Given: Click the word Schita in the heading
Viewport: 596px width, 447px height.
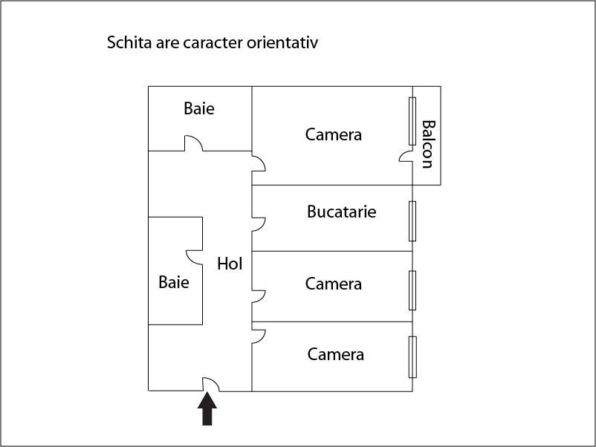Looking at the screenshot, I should coord(129,42).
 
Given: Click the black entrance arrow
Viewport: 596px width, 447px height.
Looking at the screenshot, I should coord(207,409).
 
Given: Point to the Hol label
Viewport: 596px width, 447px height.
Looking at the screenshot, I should coord(230,263).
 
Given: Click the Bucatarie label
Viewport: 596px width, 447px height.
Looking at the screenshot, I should coord(342,212).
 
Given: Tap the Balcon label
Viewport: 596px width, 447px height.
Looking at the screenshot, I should coord(427,144).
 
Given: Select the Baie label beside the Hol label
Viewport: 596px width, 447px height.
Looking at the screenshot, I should coord(174,282).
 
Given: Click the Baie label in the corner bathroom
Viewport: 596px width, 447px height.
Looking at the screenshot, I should coord(199,108).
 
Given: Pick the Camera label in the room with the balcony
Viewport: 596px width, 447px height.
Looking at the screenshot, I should coord(334,134).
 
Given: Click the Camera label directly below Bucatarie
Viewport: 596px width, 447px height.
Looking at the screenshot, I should coord(334,284).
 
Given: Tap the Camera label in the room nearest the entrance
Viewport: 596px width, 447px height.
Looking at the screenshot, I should coord(336,354).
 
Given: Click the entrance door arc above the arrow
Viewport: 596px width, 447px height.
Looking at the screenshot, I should coord(211,383).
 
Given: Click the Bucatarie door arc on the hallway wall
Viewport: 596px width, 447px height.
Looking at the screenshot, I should coord(259,223).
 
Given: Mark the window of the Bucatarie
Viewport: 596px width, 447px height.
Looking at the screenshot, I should coord(412,221).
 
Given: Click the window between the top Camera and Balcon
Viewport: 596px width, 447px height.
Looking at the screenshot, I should coord(412,121).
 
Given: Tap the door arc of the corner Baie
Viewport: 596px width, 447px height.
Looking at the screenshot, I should coord(193,143).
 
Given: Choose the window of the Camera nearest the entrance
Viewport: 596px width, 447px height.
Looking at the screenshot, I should coord(412,357).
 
